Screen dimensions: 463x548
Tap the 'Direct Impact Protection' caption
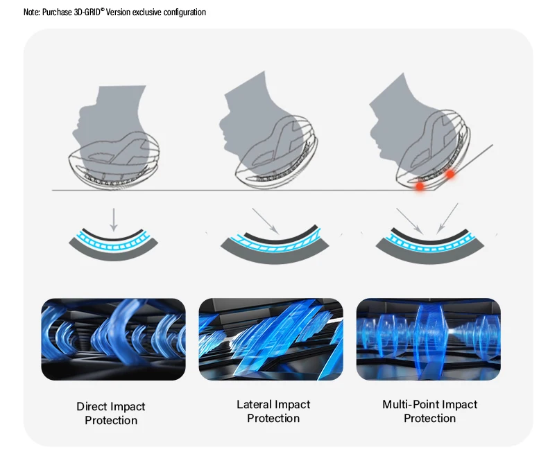[111, 414]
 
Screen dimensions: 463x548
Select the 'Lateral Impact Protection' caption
[273, 412]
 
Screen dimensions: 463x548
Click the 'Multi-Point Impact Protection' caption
[430, 412]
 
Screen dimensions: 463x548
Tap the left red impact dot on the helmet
[420, 186]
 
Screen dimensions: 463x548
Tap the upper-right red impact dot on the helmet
[450, 174]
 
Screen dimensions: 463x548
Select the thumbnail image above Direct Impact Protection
[114, 339]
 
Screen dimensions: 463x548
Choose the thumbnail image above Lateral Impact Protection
[271, 339]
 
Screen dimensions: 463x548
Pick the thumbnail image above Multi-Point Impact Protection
[428, 339]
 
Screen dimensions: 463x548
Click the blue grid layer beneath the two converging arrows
[428, 241]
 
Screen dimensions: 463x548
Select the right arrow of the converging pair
[447, 218]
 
